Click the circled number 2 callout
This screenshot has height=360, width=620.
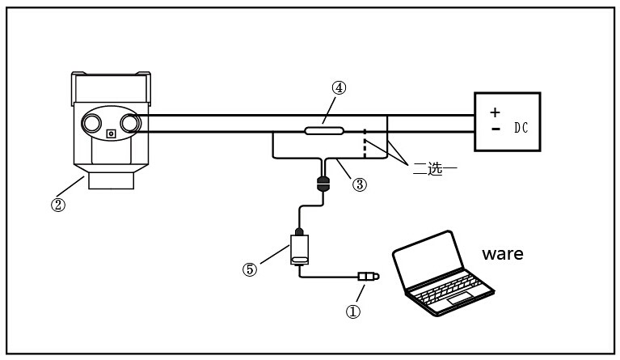click(58, 205)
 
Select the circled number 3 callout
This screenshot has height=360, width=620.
click(360, 184)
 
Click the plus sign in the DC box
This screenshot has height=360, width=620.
click(496, 112)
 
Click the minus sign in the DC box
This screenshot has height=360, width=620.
click(496, 128)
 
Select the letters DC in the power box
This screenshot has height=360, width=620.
click(521, 128)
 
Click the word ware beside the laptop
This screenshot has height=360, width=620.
click(502, 254)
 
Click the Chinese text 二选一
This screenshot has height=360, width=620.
click(435, 170)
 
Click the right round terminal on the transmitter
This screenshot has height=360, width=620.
click(132, 123)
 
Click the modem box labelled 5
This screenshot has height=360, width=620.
click(299, 250)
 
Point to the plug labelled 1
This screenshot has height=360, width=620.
click(368, 277)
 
